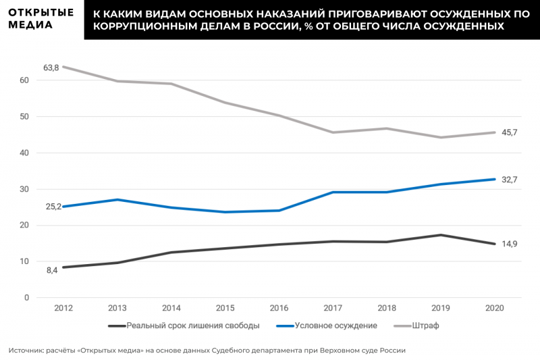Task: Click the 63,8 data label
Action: (51, 67)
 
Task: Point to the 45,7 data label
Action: (508, 132)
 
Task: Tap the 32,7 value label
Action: (508, 179)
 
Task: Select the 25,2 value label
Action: (53, 207)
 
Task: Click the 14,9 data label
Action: (508, 244)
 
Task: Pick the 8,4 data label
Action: (52, 270)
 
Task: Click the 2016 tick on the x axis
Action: (279, 308)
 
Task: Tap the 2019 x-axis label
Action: (440, 308)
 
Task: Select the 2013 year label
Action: (117, 308)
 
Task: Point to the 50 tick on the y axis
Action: (25, 117)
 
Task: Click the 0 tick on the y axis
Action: (27, 298)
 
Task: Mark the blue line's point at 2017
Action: (333, 192)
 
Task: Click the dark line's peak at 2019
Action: (440, 235)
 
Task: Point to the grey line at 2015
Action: (225, 103)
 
